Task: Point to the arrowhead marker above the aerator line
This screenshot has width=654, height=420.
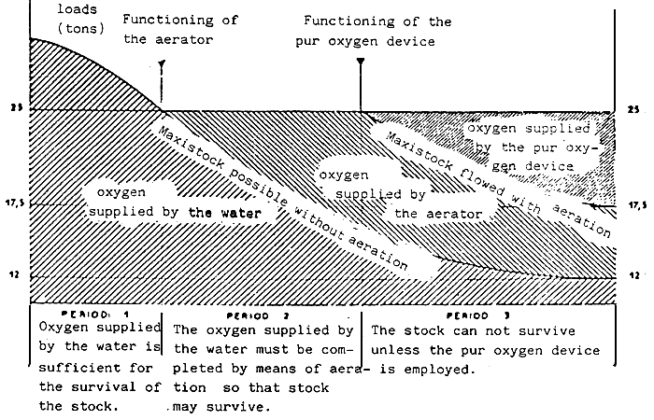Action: [162, 64]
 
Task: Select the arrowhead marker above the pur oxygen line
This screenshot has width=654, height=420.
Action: [361, 63]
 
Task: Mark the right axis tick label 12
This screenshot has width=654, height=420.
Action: [634, 276]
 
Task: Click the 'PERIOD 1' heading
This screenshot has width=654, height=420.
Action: [98, 315]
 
